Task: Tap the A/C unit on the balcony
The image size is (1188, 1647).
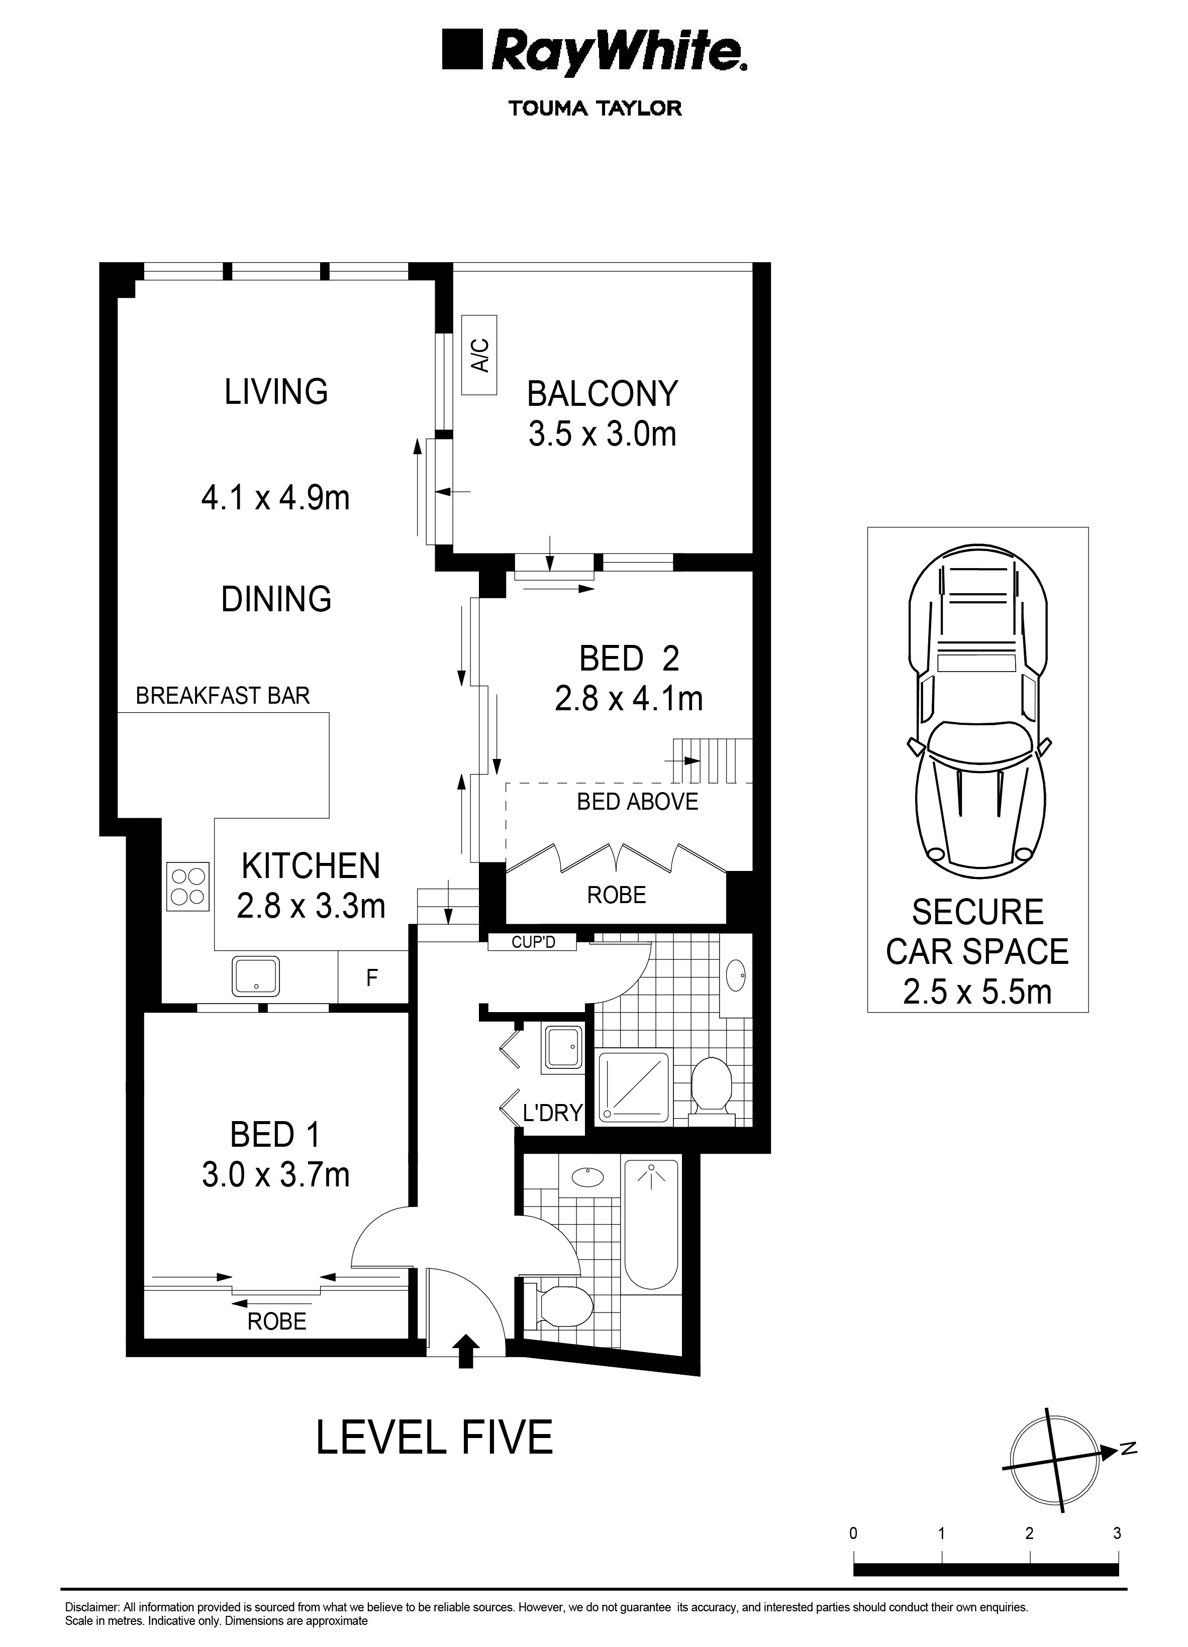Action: coord(479,355)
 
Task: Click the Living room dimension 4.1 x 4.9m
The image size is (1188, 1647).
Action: coord(275,498)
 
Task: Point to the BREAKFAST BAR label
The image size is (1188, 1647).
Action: coord(223,696)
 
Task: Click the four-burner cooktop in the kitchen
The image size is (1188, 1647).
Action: coord(188,886)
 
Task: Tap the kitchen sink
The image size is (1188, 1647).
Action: coord(256,975)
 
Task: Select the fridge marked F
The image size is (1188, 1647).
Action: coord(372,977)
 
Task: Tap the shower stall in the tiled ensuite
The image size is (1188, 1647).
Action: coord(633,1086)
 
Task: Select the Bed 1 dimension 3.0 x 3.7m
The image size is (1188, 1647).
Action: coord(275,1174)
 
